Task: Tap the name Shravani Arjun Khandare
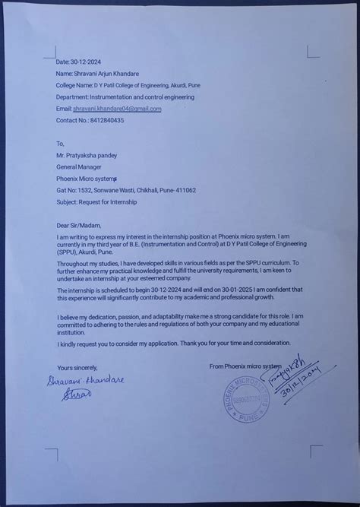pos(112,74)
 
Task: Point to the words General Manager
pos(78,166)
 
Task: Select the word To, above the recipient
pos(61,142)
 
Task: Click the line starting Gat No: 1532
pos(126,190)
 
